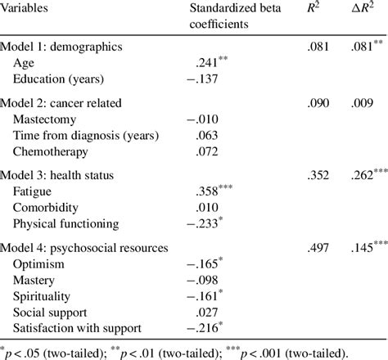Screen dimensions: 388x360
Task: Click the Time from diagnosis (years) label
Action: click(x=86, y=135)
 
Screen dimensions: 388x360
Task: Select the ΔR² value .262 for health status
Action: click(x=363, y=176)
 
